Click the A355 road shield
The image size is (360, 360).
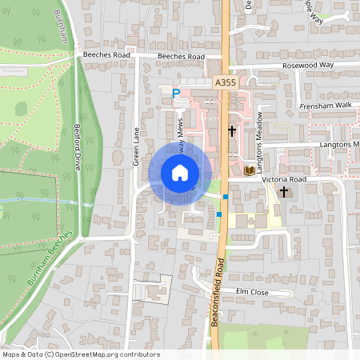tap(225, 82)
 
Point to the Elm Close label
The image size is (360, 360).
tap(252, 292)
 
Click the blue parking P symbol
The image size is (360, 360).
tap(176, 94)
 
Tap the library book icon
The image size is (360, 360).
tap(249, 170)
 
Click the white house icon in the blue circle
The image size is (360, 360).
tap(180, 173)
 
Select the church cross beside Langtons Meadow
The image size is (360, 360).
tap(232, 130)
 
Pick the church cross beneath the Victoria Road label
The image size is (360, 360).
tap(283, 192)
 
